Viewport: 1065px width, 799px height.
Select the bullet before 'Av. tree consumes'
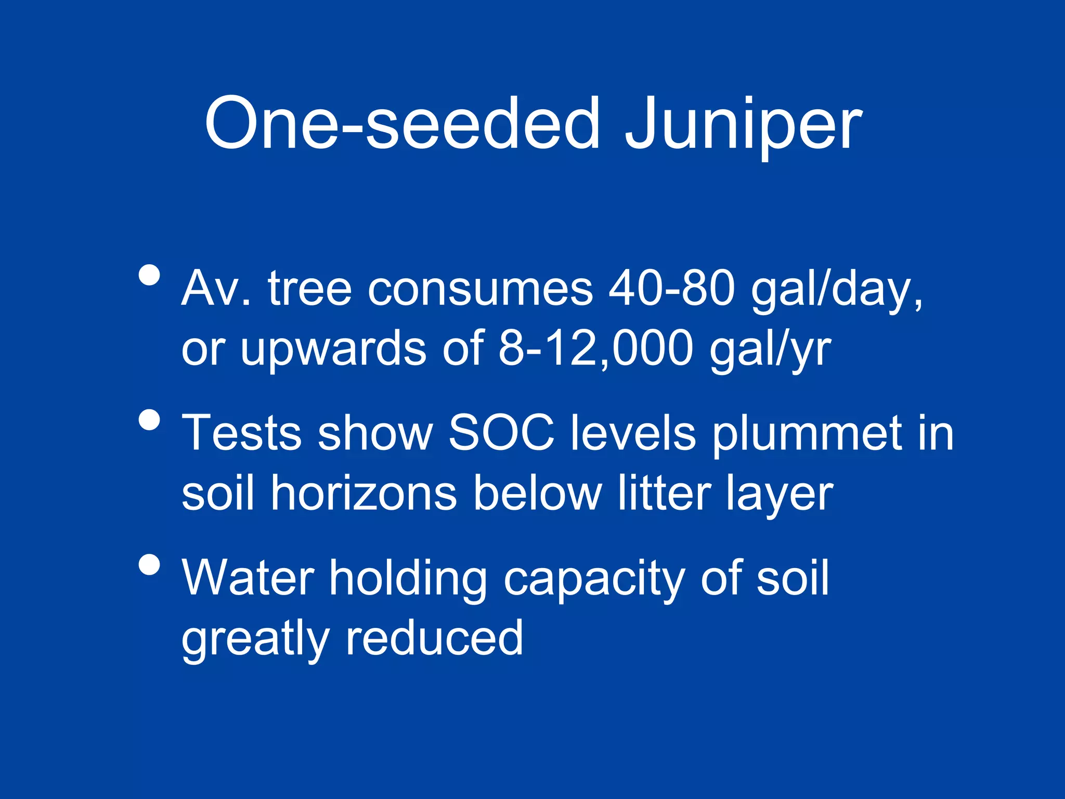pos(149,275)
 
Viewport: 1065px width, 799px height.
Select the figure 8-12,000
pos(595,348)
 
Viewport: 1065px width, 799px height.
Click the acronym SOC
pos(501,433)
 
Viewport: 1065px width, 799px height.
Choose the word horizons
pos(364,493)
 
